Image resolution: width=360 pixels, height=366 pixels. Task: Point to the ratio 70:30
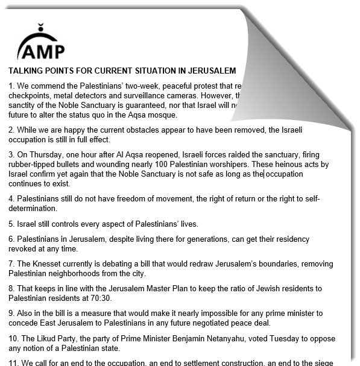pos(101,298)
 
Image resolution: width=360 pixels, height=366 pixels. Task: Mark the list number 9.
pos(11,313)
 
